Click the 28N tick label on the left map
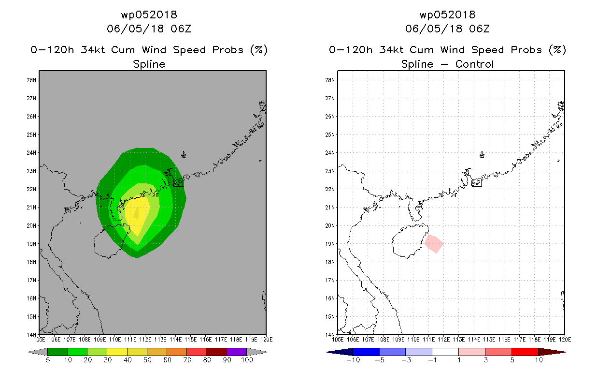pos(31,80)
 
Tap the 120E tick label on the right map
pos(565,340)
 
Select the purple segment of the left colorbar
pos(237,352)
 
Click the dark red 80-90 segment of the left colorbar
pos(217,352)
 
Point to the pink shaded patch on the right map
pos(434,244)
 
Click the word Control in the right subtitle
pos(474,64)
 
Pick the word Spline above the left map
pos(149,64)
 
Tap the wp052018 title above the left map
pos(149,15)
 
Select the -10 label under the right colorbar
pos(353,360)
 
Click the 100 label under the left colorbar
pos(247,360)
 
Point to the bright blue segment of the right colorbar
pos(366,352)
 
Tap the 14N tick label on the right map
pos(330,335)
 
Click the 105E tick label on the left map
pos(39,340)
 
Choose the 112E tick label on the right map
pos(443,340)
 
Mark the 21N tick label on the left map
pos(31,208)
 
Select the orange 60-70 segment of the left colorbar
pos(177,352)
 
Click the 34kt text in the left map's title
pos(93,50)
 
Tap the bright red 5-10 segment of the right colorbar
pos(525,352)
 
